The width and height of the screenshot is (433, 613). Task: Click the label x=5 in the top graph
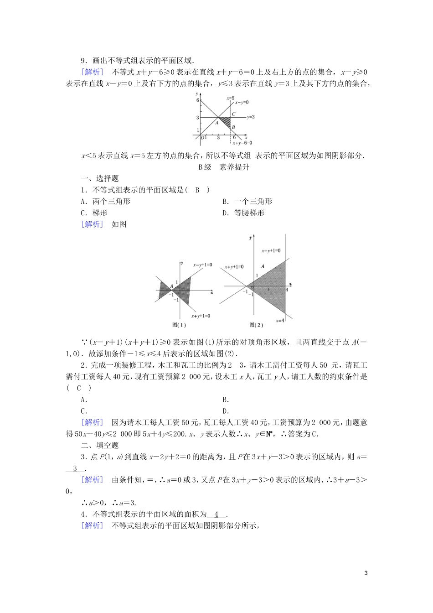(x=230, y=98)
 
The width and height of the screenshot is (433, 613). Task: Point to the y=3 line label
(x=250, y=117)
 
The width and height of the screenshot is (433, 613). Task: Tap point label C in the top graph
(x=233, y=114)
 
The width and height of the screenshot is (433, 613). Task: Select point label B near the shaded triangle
(x=233, y=127)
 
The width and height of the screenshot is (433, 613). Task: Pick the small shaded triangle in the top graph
(x=226, y=122)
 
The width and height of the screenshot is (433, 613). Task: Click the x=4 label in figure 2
(x=280, y=321)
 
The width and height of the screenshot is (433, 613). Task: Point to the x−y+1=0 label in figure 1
(x=202, y=265)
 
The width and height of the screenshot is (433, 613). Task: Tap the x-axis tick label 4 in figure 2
(x=287, y=290)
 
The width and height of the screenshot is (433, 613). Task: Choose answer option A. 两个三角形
(x=105, y=201)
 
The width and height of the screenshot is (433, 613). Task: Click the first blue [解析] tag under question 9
(x=92, y=72)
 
